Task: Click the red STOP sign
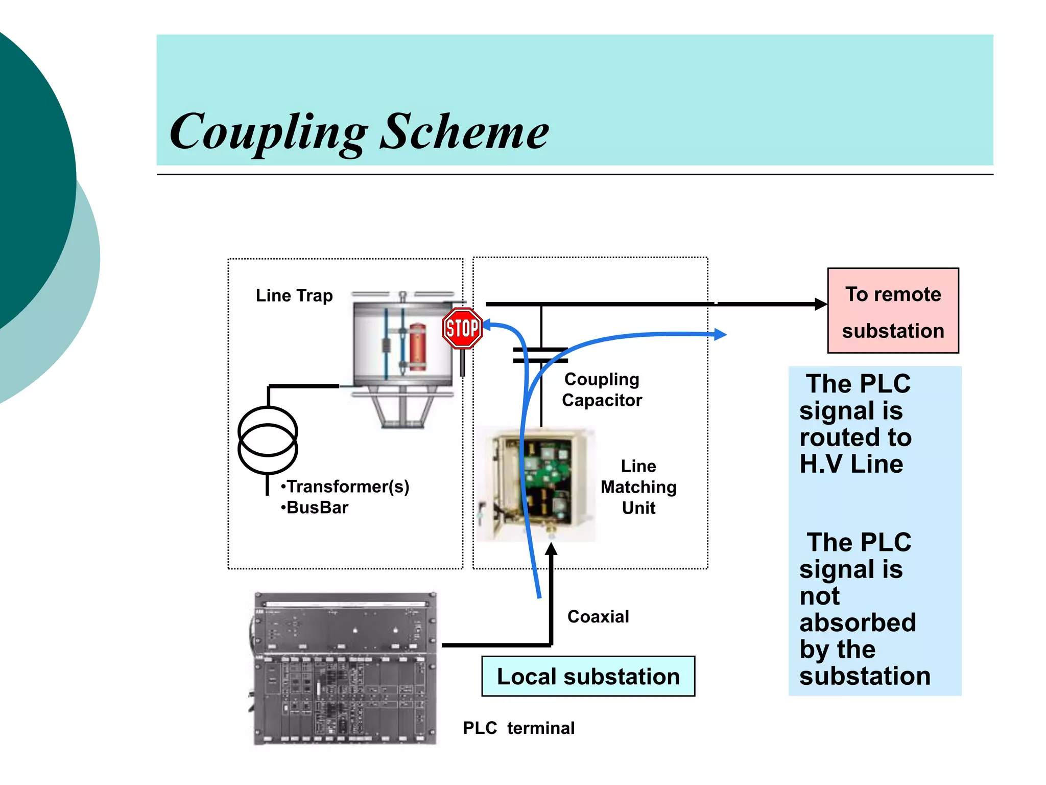(x=462, y=328)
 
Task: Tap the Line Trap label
(x=294, y=296)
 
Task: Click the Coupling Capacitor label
(x=602, y=389)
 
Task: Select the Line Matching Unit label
(x=638, y=487)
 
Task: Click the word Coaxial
(x=598, y=617)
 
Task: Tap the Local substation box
(x=588, y=677)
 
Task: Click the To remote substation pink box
(x=893, y=311)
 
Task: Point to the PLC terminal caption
(x=518, y=728)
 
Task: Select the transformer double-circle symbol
(x=268, y=440)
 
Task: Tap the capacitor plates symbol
(x=540, y=355)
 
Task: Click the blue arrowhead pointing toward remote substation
(x=720, y=335)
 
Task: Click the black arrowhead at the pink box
(x=820, y=304)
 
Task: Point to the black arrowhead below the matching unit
(x=551, y=550)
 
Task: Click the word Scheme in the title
(x=464, y=132)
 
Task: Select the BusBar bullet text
(x=315, y=507)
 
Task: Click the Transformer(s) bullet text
(x=346, y=487)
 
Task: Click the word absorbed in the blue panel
(x=858, y=622)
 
